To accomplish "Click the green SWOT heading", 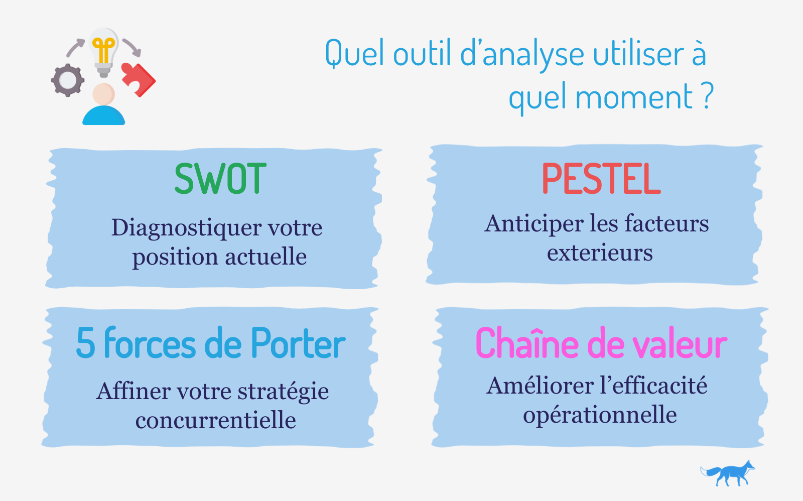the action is click(x=220, y=178).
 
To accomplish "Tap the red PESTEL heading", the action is click(x=601, y=178).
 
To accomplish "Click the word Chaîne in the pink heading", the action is click(x=527, y=342).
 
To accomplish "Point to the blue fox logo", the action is click(x=728, y=473).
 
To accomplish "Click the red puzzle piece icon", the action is click(x=139, y=79).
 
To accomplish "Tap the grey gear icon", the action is click(x=68, y=80).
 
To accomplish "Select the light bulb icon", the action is click(x=103, y=52).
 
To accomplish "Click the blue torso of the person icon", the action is click(x=103, y=115).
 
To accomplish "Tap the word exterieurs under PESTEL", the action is click(x=600, y=253).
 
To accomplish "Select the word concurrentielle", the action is click(x=216, y=420).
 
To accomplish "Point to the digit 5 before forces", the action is click(x=86, y=343).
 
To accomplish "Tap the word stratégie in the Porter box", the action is click(x=283, y=392).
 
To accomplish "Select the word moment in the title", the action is click(x=634, y=96).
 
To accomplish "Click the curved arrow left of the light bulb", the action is click(x=75, y=48).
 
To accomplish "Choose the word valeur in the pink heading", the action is click(x=680, y=342).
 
